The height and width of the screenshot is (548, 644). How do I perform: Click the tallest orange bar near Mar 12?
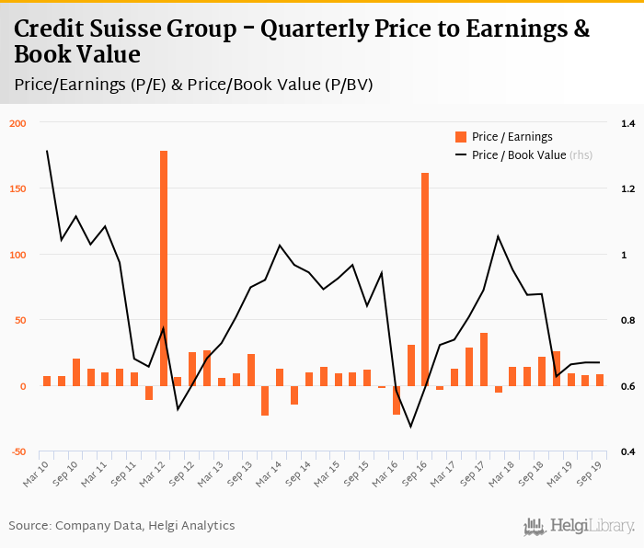(164, 267)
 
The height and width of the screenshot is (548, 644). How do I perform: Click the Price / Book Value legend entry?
(519, 155)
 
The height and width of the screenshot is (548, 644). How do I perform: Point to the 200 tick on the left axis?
(18, 123)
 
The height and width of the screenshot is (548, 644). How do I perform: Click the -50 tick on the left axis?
(18, 451)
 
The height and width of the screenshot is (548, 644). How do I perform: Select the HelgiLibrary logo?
(579, 526)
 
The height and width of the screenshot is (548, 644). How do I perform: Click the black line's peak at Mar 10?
(47, 151)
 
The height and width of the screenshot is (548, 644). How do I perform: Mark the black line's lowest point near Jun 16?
(410, 426)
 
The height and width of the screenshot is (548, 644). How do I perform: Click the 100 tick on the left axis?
(18, 255)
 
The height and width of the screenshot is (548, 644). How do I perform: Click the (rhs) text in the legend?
(581, 155)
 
